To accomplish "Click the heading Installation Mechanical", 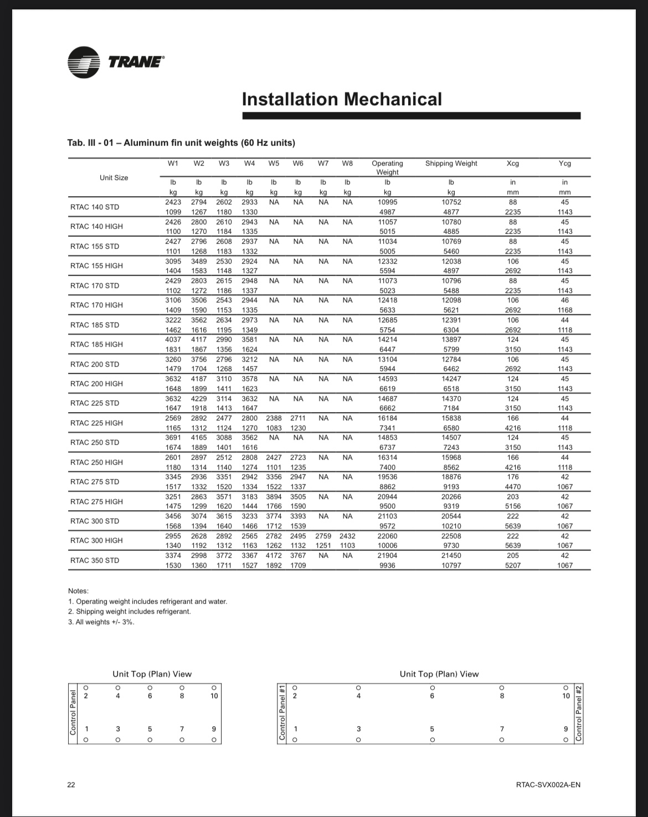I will click(x=342, y=100).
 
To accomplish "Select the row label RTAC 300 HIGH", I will click(x=97, y=541).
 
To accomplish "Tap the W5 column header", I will click(x=274, y=163).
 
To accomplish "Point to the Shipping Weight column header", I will click(x=451, y=163).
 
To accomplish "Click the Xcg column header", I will click(x=513, y=163).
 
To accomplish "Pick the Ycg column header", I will click(x=565, y=163).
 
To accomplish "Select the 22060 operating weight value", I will click(x=387, y=536).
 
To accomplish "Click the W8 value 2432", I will click(x=347, y=536).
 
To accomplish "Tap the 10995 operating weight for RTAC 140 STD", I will click(x=387, y=202).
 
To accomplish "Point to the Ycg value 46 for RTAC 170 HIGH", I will click(x=565, y=300).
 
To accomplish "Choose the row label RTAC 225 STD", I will click(x=95, y=403).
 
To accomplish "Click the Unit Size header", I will click(x=114, y=178).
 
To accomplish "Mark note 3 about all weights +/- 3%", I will click(x=101, y=622).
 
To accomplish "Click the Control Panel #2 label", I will click(x=579, y=713).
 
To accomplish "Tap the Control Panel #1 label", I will click(x=281, y=713).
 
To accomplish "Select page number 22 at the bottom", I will click(x=71, y=784).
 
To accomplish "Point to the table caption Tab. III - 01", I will click(x=181, y=143).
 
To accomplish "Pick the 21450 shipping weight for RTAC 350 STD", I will click(x=451, y=556).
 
